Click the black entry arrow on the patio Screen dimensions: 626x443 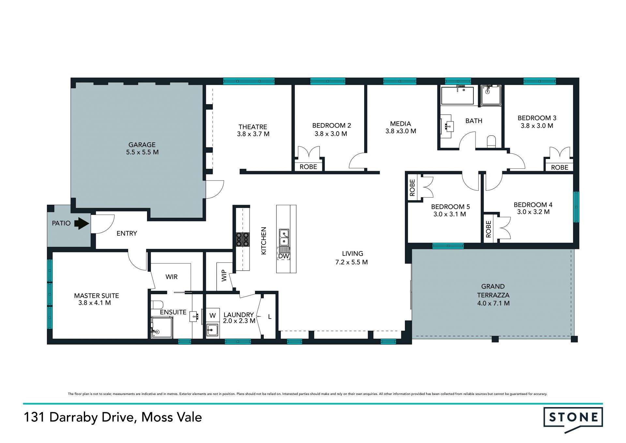(82, 224)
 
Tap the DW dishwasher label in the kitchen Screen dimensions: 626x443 (284, 256)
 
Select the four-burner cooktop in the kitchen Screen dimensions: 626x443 (243, 239)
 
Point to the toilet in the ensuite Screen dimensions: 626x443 (157, 305)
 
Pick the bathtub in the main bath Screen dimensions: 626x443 (457, 95)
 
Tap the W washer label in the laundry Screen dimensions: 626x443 (213, 316)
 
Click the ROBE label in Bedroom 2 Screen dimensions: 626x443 (308, 167)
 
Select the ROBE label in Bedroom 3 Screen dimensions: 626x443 (559, 167)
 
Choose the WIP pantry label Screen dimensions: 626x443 (224, 276)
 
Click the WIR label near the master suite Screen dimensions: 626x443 (171, 277)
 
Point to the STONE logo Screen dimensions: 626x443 (573, 419)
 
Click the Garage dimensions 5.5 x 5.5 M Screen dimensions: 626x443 (142, 152)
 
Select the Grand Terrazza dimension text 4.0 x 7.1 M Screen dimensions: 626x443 (493, 303)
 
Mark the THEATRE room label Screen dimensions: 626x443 (253, 127)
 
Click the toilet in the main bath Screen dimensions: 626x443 (491, 142)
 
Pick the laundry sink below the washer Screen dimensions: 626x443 (213, 331)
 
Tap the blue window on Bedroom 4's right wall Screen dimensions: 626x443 (576, 207)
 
